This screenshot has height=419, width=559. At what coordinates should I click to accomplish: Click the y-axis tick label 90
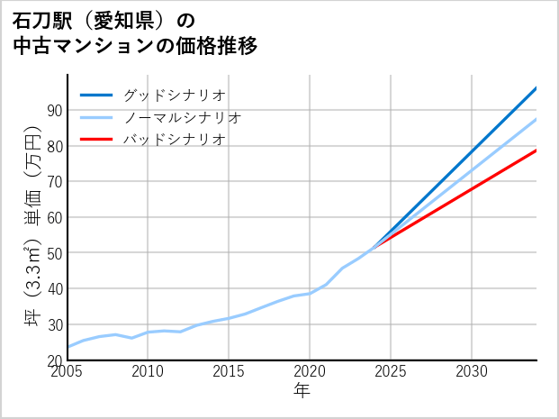[53, 110]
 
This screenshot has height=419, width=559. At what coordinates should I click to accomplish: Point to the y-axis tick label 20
[53, 360]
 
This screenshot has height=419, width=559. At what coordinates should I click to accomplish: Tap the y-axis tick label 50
[53, 253]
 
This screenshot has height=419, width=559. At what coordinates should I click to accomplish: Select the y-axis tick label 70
[53, 182]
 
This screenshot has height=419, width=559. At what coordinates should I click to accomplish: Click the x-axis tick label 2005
[68, 372]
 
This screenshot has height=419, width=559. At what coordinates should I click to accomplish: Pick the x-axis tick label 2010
[149, 372]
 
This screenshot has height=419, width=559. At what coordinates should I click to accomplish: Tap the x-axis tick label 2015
[229, 372]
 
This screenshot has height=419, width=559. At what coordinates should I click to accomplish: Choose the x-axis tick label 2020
[310, 372]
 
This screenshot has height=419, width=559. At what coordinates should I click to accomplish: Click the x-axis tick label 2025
[391, 372]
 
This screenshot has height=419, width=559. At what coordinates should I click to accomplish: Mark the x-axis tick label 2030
[472, 372]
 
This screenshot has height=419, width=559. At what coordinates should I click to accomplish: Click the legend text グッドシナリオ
[175, 95]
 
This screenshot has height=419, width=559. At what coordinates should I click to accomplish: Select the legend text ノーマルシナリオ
[183, 117]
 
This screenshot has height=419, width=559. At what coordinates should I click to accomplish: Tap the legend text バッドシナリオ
[175, 140]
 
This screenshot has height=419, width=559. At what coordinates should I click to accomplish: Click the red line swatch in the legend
[96, 140]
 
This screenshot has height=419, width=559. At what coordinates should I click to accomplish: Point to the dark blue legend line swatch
[96, 95]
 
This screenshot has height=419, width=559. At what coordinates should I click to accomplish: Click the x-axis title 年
[302, 391]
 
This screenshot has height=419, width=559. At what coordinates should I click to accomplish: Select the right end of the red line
[536, 150]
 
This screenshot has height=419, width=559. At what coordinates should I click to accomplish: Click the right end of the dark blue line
[536, 88]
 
